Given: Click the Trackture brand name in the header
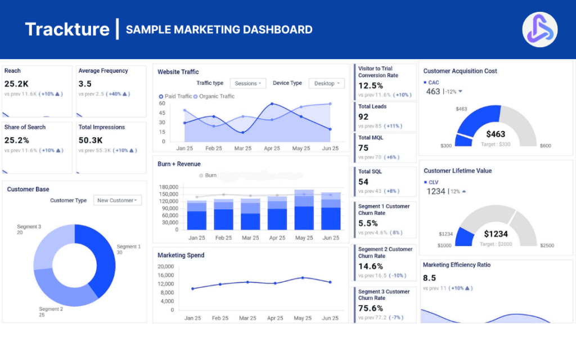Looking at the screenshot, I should pyautogui.click(x=67, y=29).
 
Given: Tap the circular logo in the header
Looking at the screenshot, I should pyautogui.click(x=539, y=29).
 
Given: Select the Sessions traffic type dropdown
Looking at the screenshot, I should pyautogui.click(x=248, y=83).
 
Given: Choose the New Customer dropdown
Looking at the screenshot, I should pyautogui.click(x=118, y=200).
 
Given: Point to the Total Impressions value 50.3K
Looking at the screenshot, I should pyautogui.click(x=90, y=140).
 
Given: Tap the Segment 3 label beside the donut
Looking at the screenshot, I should pyautogui.click(x=29, y=229).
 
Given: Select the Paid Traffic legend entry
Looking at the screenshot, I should pyautogui.click(x=175, y=96).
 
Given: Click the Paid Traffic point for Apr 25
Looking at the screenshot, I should pyautogui.click(x=272, y=104).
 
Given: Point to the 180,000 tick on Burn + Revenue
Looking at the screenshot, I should pyautogui.click(x=168, y=187).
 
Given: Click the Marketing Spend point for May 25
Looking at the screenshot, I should pyautogui.click(x=303, y=278).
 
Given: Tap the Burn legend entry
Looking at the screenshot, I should pyautogui.click(x=208, y=175).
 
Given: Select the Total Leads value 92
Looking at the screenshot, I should pyautogui.click(x=363, y=117).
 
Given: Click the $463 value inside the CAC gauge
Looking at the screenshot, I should pyautogui.click(x=496, y=134).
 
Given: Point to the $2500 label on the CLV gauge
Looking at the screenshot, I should pyautogui.click(x=547, y=246).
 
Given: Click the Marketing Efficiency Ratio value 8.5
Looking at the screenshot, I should pyautogui.click(x=429, y=278).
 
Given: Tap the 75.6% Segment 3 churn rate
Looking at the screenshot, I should pyautogui.click(x=371, y=308).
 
